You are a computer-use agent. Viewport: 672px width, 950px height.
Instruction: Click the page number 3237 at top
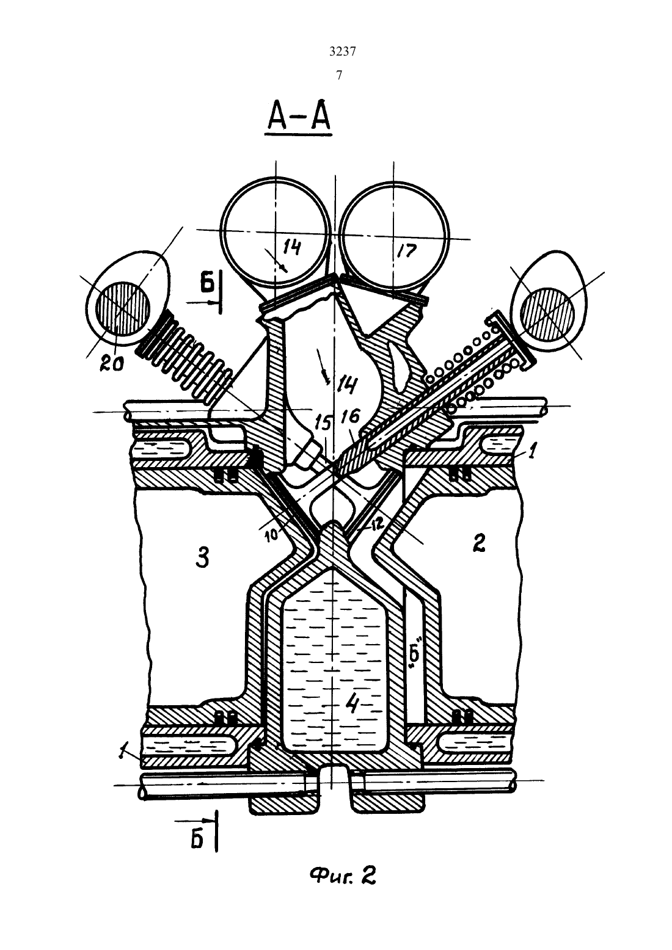pos(342,51)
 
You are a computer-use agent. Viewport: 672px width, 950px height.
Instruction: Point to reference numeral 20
pos(112,363)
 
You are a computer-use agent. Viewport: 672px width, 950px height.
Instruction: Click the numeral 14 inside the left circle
pos(291,247)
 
